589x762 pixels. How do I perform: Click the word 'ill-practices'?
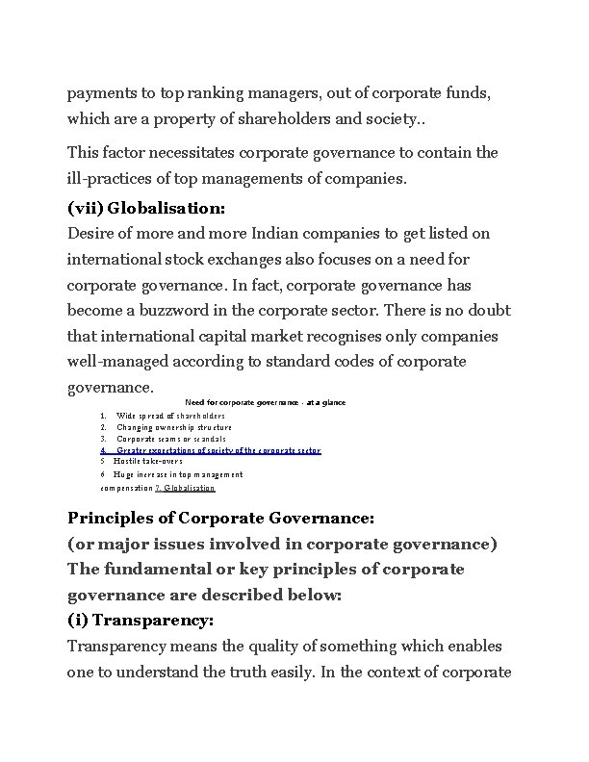pos(112,178)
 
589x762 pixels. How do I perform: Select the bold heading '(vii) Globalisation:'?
pos(146,207)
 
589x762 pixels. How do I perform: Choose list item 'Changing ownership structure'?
pos(174,427)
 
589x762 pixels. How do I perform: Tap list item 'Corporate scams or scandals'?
pos(171,439)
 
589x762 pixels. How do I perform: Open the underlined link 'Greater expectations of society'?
pos(218,450)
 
